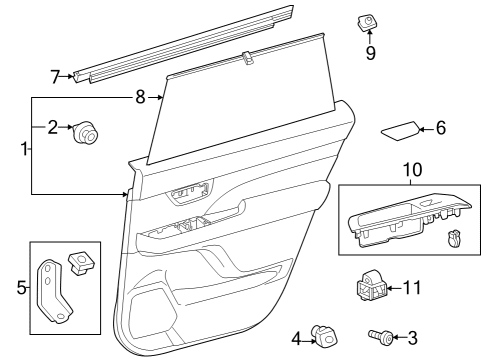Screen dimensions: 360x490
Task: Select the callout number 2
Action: (53, 127)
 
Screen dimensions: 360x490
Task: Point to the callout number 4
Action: (297, 338)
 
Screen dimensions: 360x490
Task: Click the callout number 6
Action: (441, 128)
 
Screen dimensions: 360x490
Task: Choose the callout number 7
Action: (56, 75)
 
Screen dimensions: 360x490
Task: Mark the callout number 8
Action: (140, 97)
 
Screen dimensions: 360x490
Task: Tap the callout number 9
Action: (371, 52)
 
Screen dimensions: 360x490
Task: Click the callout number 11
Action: (411, 289)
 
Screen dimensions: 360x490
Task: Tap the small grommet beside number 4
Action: (323, 336)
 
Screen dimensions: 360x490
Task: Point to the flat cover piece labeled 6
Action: (400, 131)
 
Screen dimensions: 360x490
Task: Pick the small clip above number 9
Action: (368, 22)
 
